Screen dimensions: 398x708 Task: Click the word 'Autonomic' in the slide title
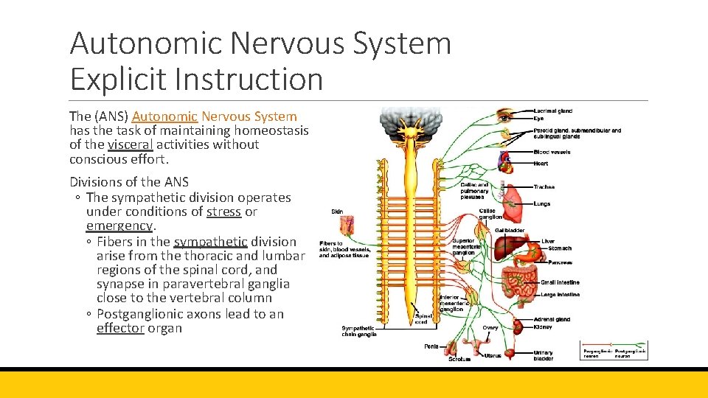(x=146, y=44)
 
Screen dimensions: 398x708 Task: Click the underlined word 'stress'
(x=223, y=212)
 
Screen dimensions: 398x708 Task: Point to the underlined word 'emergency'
(x=119, y=226)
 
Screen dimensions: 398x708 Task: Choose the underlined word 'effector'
(x=119, y=328)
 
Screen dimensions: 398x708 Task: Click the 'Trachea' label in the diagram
(x=544, y=187)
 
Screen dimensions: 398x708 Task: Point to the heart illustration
(x=505, y=159)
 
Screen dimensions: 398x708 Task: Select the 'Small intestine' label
(x=560, y=282)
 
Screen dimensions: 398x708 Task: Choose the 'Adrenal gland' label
(x=551, y=319)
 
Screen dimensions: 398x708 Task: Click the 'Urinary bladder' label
(x=544, y=355)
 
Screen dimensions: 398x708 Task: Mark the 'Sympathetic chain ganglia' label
(x=359, y=331)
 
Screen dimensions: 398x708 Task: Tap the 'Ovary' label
(x=490, y=327)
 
